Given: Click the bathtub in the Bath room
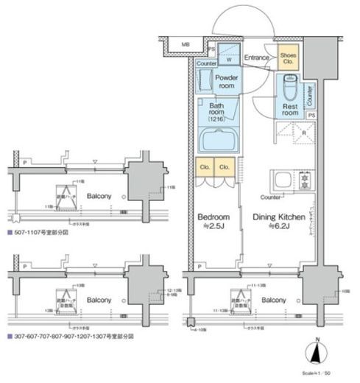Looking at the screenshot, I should [x=220, y=139].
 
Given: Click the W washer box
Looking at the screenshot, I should [x=228, y=60].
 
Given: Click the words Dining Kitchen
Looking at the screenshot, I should [x=280, y=217].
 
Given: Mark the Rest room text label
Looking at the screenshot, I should [x=292, y=109].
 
